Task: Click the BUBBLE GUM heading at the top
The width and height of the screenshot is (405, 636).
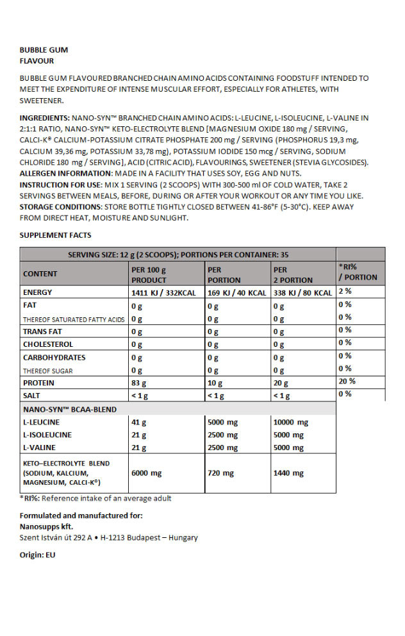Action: pyautogui.click(x=44, y=49)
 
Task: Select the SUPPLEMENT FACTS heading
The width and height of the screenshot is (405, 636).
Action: pyautogui.click(x=55, y=235)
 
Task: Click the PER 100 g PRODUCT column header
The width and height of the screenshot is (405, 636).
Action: pyautogui.click(x=149, y=275)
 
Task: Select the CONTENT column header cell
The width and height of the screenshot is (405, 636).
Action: pyautogui.click(x=40, y=274)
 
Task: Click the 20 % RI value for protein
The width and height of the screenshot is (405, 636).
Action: pyautogui.click(x=347, y=381)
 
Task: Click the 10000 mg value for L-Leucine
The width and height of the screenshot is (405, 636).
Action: pyautogui.click(x=290, y=423)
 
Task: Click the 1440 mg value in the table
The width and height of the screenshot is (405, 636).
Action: pyautogui.click(x=288, y=473)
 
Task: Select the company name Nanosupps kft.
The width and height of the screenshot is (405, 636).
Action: pyautogui.click(x=46, y=526)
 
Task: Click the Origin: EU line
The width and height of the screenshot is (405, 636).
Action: pyautogui.click(x=38, y=555)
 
